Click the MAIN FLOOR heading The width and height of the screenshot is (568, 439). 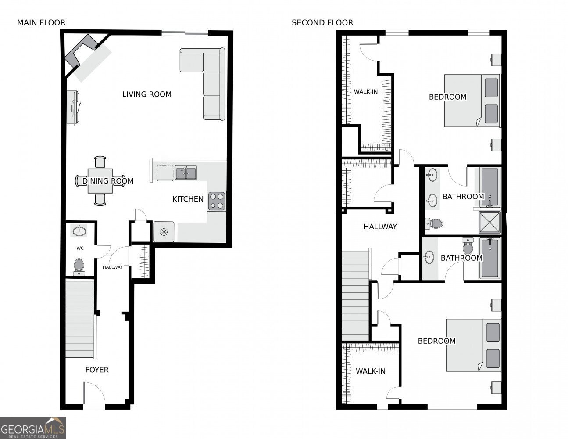41,23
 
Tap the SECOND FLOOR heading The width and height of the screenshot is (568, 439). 322,23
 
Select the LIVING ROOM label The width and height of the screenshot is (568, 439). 147,94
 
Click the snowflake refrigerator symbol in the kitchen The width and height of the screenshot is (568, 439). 164,232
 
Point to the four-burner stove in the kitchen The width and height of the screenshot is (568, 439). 217,201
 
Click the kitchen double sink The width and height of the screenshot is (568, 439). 186,173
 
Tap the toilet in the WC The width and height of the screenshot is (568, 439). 79,266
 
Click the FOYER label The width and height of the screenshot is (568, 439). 97,370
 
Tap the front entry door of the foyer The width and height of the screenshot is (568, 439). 94,395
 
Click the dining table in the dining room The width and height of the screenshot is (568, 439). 100,181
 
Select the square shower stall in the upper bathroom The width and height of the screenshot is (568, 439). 489,222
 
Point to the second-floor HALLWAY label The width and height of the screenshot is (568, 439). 380,227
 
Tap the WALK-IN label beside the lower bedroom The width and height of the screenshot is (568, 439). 371,371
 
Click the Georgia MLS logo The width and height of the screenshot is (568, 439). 32,428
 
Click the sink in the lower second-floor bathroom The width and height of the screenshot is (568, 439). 429,257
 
